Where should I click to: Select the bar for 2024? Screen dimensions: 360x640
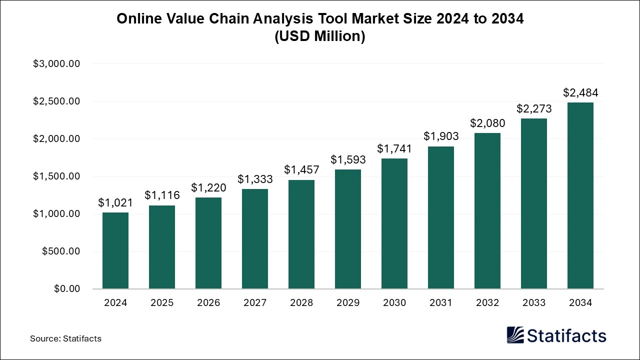coord(115,250)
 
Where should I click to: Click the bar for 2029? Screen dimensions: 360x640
coord(348,229)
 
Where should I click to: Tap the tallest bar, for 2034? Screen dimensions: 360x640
coord(580,195)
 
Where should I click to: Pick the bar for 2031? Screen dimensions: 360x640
coord(441,217)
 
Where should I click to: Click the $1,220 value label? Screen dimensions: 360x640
coord(208,188)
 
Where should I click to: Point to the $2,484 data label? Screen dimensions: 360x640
coord(580,93)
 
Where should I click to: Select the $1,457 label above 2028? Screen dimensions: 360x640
coord(301,170)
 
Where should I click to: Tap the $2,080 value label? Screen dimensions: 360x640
coord(487,123)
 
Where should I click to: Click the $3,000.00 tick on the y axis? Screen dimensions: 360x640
coord(56,64)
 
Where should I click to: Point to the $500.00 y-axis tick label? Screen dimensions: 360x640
coord(60,251)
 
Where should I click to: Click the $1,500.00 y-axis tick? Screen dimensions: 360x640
coord(56,176)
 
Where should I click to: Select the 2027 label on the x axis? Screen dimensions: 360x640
coord(255,303)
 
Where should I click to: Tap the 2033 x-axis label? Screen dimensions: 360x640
coord(534,303)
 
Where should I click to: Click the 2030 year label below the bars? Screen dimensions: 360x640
coord(394,303)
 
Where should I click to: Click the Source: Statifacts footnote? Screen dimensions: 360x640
coord(65,338)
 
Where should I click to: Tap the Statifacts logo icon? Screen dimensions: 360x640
coord(515,335)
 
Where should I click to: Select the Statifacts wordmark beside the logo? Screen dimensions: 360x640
coord(566,335)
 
